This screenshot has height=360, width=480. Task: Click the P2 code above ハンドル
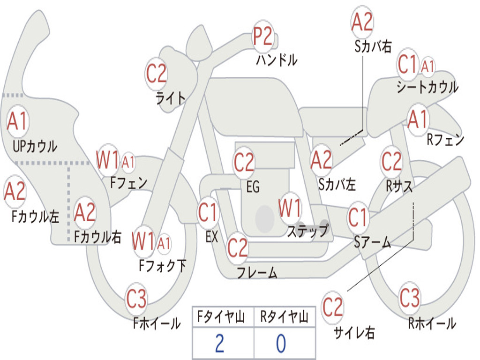point(262,36)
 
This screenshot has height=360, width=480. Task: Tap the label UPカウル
point(35,146)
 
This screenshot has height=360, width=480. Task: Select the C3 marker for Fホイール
point(136,299)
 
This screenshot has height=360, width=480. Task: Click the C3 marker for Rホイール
point(409,298)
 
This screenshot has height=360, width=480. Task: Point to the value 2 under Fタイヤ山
point(219,343)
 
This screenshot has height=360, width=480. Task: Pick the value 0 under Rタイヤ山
point(281,343)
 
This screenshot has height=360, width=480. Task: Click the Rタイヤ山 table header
point(284,317)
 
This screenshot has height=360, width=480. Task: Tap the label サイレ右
point(354,332)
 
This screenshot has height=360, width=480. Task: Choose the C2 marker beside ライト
point(156,74)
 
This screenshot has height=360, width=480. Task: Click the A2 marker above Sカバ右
point(362,22)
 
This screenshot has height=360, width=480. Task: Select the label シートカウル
point(427,87)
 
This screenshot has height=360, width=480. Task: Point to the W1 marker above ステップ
point(290,208)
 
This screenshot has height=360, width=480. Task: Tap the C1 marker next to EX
point(208,212)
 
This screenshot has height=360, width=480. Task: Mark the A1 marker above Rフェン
point(418,119)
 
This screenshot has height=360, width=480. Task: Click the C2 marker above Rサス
point(391,161)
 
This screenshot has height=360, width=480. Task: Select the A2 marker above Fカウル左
point(15,191)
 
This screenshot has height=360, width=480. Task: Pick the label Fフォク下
point(163,265)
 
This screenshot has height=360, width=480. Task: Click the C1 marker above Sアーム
point(358,217)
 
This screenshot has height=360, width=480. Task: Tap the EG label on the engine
point(253,187)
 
